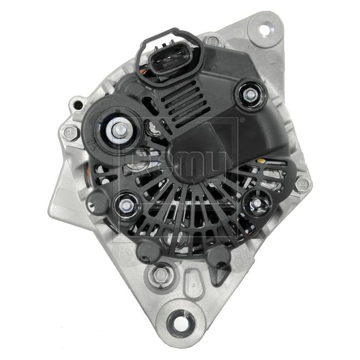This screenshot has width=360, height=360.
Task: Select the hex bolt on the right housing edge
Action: pyautogui.click(x=302, y=185)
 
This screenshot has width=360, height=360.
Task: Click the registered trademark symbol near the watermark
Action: pyautogui.click(x=241, y=120)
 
